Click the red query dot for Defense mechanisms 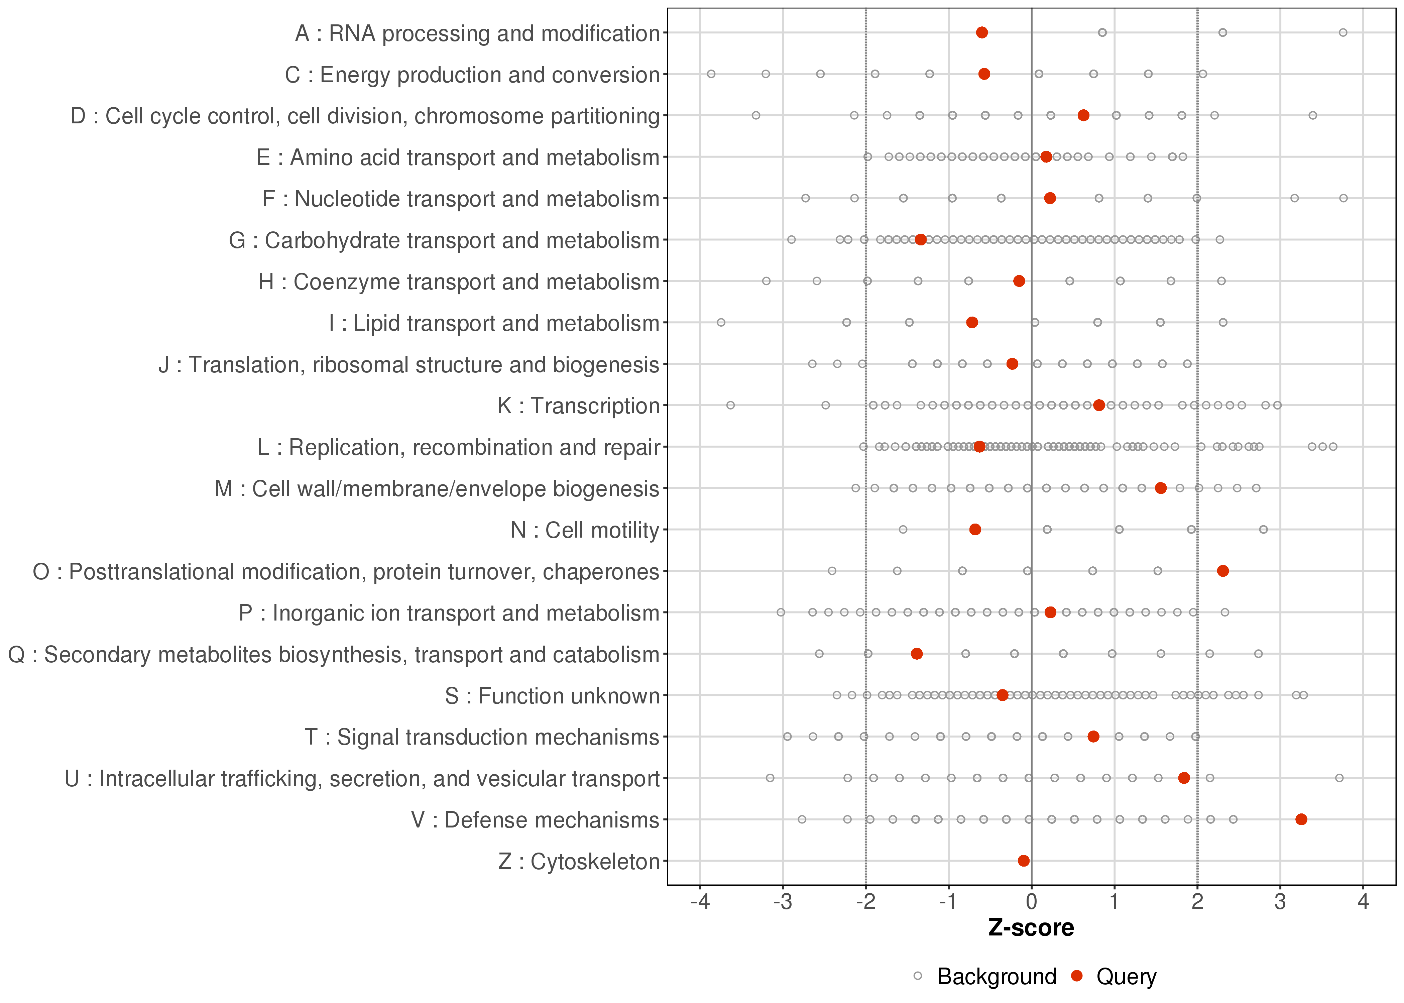pos(1301,819)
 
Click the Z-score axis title pos(1031,928)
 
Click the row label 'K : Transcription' pos(579,406)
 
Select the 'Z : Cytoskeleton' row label pos(579,861)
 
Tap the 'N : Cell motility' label pos(585,530)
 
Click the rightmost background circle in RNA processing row pos(1343,32)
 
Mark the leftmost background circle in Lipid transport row pos(720,322)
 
